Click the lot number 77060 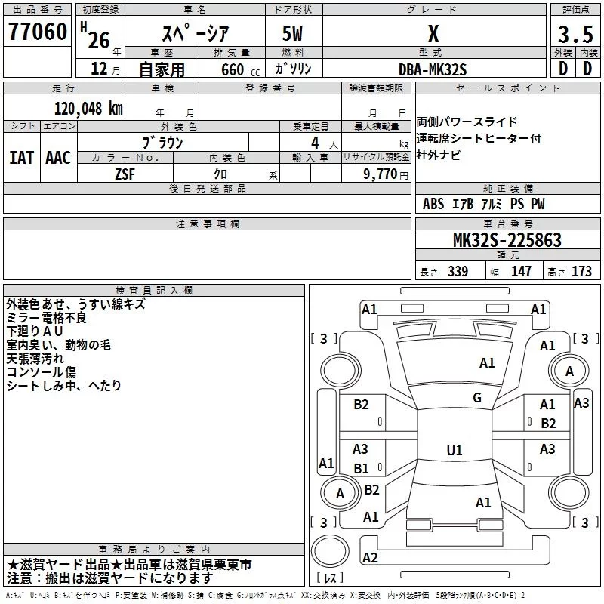[x=36, y=33]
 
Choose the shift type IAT [x=21, y=157]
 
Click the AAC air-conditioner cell [x=58, y=157]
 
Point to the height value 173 [x=581, y=271]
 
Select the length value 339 [x=458, y=271]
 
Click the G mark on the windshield [x=477, y=398]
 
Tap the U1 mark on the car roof [x=455, y=451]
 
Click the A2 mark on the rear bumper [x=370, y=558]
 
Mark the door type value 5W [x=294, y=35]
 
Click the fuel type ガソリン [x=294, y=69]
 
